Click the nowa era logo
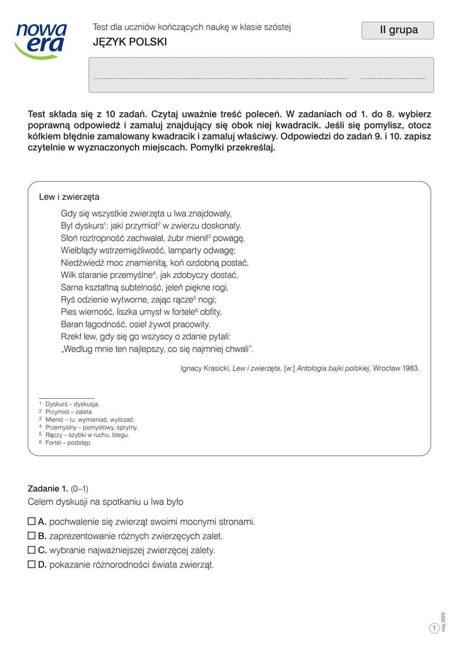41,40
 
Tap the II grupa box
397,31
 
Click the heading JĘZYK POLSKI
130,42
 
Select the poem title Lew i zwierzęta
69,197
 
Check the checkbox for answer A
31,521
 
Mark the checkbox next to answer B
31,536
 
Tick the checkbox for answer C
31,550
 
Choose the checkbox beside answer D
31,564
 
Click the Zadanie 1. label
48,488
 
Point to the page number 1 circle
434,628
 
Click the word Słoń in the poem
69,238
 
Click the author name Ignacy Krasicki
205,368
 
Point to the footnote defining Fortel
68,443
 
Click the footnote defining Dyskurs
72,404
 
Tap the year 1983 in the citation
410,368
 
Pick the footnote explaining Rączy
87,435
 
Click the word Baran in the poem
72,324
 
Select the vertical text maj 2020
443,622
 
